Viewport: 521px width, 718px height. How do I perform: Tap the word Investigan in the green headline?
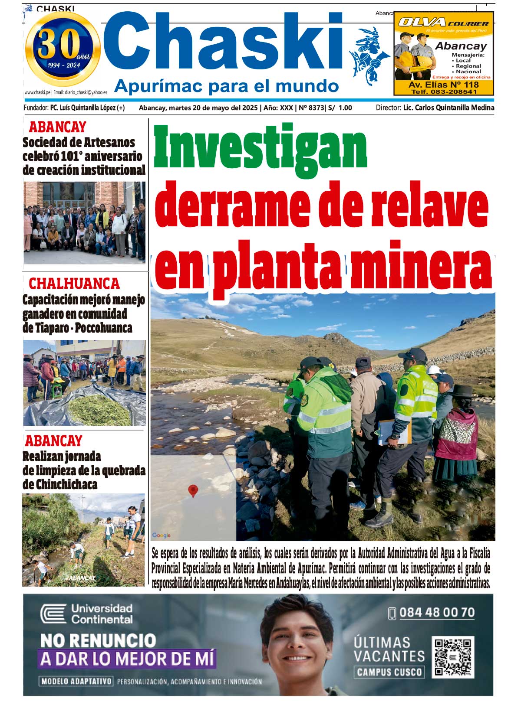(260, 147)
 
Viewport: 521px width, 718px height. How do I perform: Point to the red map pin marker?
(193, 490)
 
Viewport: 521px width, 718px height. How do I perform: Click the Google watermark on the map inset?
(162, 535)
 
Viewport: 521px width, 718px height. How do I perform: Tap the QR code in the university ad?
(453, 656)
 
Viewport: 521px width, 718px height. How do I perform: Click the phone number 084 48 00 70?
(436, 612)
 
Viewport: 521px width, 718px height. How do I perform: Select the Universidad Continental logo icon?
(53, 614)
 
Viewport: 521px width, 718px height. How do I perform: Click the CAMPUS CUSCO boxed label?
(389, 672)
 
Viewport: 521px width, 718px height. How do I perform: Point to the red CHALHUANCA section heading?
(74, 284)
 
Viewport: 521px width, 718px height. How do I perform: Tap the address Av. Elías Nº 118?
(443, 85)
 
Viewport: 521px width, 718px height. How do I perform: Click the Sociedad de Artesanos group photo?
(84, 222)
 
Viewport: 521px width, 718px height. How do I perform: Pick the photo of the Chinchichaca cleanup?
(83, 539)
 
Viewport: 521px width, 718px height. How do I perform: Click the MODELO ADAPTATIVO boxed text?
(76, 681)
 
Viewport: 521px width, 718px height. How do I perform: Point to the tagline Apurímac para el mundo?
(226, 86)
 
